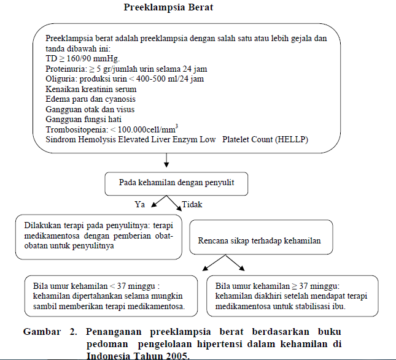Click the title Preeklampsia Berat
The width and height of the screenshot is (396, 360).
[x=169, y=9]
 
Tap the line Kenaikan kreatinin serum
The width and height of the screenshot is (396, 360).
[x=91, y=90]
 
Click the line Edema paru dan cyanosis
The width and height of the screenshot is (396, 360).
[x=90, y=99]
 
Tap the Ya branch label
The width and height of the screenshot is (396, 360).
[x=140, y=204]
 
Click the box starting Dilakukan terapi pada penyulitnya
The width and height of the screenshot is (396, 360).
[x=98, y=236]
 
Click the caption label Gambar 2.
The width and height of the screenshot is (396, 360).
[x=50, y=332]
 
